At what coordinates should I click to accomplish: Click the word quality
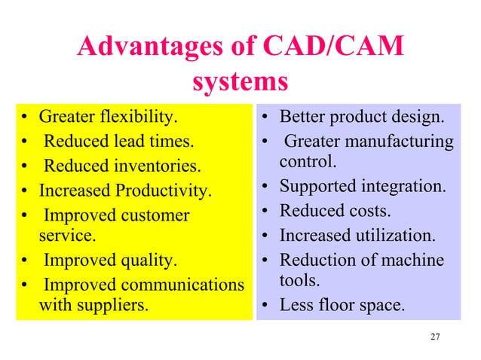(x=146, y=261)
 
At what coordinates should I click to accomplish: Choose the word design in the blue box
(x=419, y=117)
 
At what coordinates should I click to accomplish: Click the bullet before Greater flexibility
(x=26, y=118)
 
